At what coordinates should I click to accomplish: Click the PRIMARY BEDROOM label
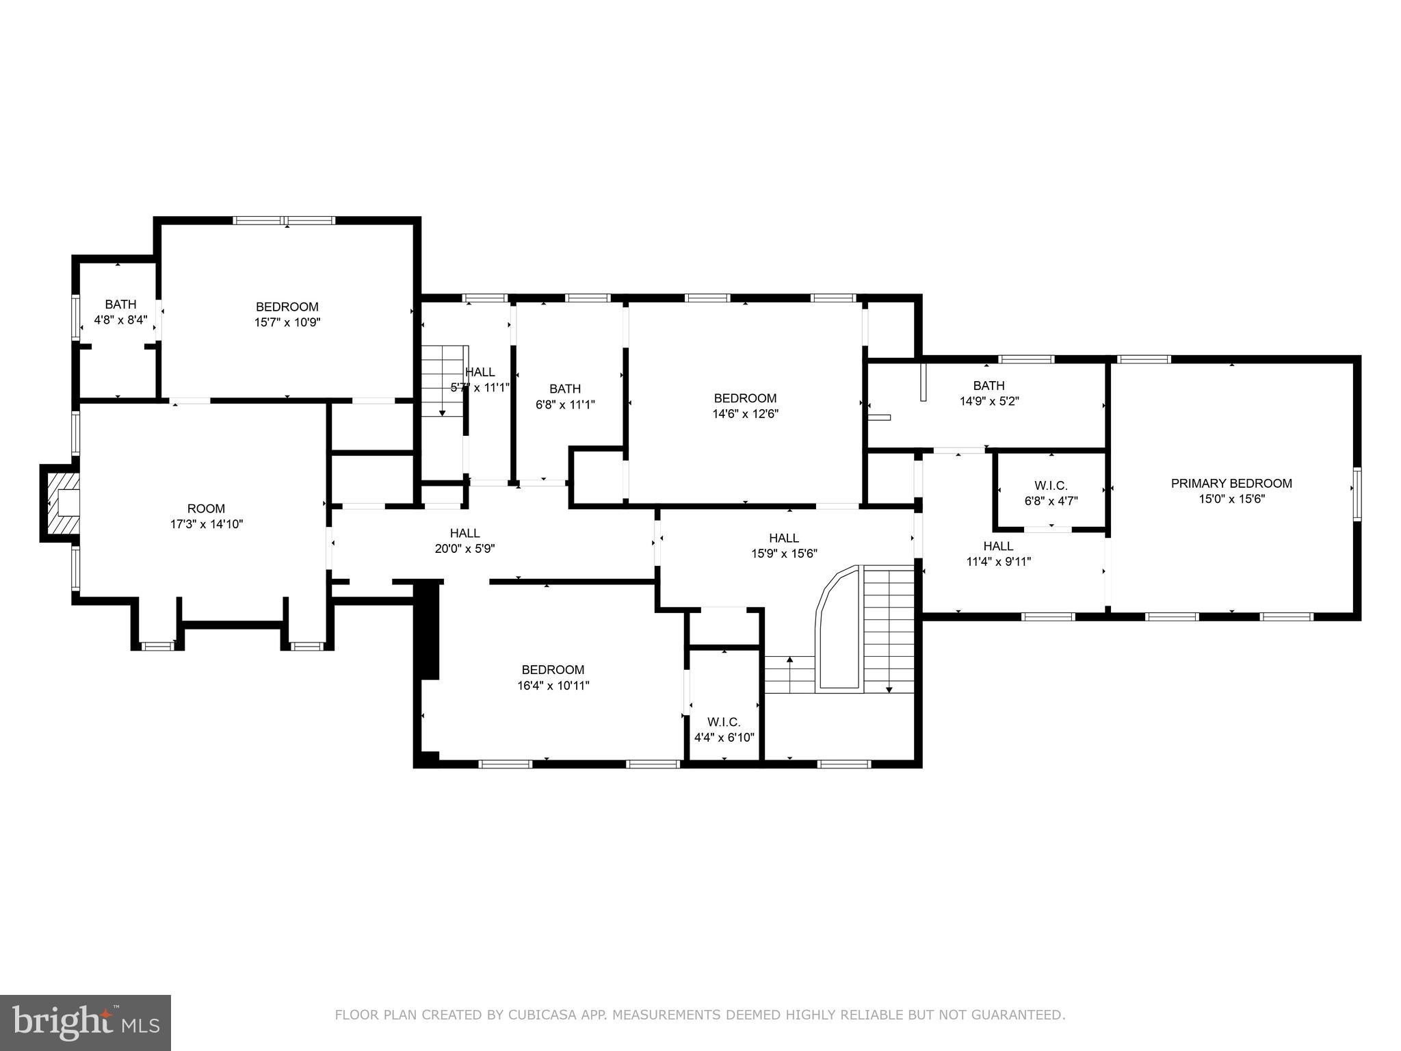pyautogui.click(x=1231, y=484)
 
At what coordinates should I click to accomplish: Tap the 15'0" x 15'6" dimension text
pyautogui.click(x=1231, y=499)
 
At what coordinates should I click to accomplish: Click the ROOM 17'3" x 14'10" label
pyautogui.click(x=206, y=517)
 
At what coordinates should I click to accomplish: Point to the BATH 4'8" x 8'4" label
pyautogui.click(x=120, y=312)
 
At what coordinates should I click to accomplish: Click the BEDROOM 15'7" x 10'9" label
pyautogui.click(x=287, y=314)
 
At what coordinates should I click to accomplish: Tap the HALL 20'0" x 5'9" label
pyautogui.click(x=464, y=541)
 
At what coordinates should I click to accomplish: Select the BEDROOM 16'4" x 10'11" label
pyautogui.click(x=553, y=677)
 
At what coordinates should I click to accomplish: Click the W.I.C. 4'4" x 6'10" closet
pyautogui.click(x=724, y=729)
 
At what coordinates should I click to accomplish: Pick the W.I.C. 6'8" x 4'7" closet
pyautogui.click(x=1051, y=493)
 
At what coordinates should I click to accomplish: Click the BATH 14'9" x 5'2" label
pyautogui.click(x=988, y=393)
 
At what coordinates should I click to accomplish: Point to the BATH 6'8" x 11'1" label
pyautogui.click(x=565, y=396)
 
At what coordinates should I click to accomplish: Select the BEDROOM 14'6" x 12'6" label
pyautogui.click(x=745, y=406)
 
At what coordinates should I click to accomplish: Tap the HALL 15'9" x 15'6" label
pyautogui.click(x=784, y=546)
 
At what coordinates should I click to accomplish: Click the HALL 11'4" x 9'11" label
pyautogui.click(x=998, y=554)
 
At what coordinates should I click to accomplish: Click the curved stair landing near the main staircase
pyautogui.click(x=838, y=630)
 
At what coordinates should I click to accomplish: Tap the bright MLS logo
pyautogui.click(x=86, y=1022)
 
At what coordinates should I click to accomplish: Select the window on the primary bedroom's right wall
pyautogui.click(x=1357, y=495)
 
